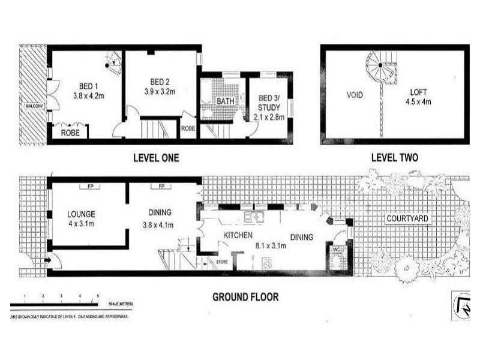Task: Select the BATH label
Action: pyautogui.click(x=226, y=101)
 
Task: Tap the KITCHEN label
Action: pyautogui.click(x=237, y=236)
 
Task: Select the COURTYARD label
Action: pyautogui.click(x=407, y=218)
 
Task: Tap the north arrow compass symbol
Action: pyautogui.click(x=462, y=307)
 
